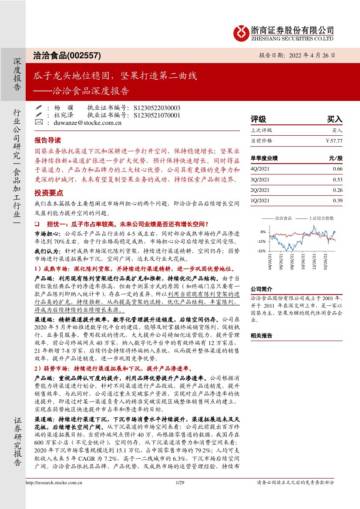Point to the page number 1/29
[180, 498]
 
